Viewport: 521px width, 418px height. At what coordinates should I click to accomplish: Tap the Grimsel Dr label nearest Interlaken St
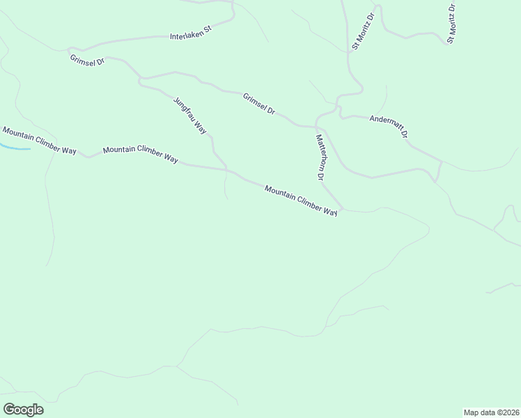[x=87, y=61]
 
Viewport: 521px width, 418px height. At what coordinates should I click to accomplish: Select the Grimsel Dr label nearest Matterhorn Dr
[x=259, y=104]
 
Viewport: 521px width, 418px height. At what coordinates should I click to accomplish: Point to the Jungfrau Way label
[x=190, y=115]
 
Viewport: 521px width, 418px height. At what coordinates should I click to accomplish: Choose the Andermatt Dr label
[x=389, y=126]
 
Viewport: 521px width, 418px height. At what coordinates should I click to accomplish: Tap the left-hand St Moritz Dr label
[x=364, y=31]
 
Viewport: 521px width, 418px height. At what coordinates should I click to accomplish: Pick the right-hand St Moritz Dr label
[x=451, y=24]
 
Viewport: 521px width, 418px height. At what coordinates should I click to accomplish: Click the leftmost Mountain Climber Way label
[x=39, y=140]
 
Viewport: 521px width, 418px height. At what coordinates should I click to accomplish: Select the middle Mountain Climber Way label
[x=141, y=153]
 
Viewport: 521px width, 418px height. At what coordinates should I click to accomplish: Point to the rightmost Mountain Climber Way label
[x=301, y=201]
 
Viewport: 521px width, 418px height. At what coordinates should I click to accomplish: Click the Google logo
[x=23, y=410]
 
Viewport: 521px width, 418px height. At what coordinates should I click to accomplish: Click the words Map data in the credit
[x=479, y=412]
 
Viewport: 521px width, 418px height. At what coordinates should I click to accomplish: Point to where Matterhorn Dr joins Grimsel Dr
[x=316, y=127]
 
